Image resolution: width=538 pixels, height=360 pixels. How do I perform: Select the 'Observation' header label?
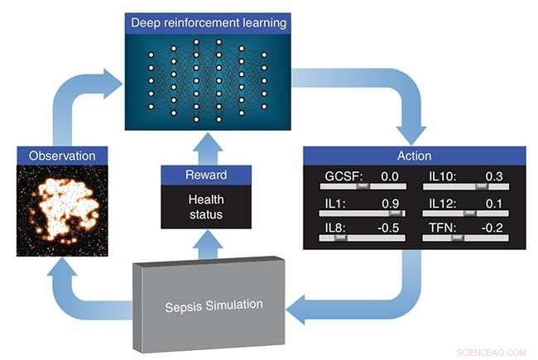62,155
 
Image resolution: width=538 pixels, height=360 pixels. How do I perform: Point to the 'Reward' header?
207,175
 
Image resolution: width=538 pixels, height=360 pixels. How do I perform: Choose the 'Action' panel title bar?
414,155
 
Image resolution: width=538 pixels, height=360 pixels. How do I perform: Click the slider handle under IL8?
339,238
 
